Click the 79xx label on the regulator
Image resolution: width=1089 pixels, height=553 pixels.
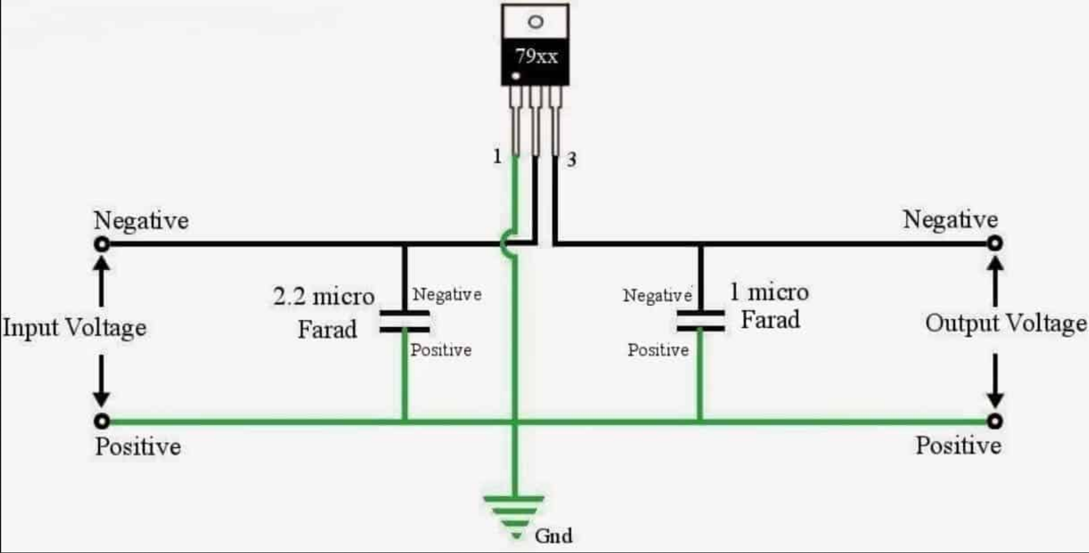click(x=536, y=56)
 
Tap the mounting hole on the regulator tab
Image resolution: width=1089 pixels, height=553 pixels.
click(x=535, y=22)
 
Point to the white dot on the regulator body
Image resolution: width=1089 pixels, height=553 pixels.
click(x=516, y=76)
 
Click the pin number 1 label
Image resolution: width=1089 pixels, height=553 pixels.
click(x=497, y=156)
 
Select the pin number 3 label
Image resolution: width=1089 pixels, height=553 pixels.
click(x=571, y=159)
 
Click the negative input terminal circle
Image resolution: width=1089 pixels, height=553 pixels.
click(x=102, y=244)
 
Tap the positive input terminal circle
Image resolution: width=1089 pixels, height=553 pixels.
click(x=102, y=421)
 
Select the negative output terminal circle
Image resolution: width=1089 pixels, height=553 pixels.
click(x=995, y=243)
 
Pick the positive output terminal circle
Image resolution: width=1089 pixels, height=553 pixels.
click(x=995, y=421)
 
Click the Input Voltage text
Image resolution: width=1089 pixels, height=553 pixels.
click(x=75, y=327)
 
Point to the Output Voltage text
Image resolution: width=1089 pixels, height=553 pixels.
click(x=1006, y=323)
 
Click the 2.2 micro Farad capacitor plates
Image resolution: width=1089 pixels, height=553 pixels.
click(x=405, y=321)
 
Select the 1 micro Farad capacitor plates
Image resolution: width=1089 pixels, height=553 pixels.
click(x=701, y=320)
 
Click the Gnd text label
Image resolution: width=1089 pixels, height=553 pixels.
click(x=553, y=536)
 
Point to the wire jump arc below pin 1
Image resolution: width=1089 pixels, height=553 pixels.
click(x=506, y=244)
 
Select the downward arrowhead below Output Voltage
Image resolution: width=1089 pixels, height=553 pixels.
click(x=995, y=399)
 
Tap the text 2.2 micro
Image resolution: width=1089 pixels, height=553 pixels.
click(x=324, y=296)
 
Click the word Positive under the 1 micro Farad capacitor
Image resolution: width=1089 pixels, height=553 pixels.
click(x=658, y=350)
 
